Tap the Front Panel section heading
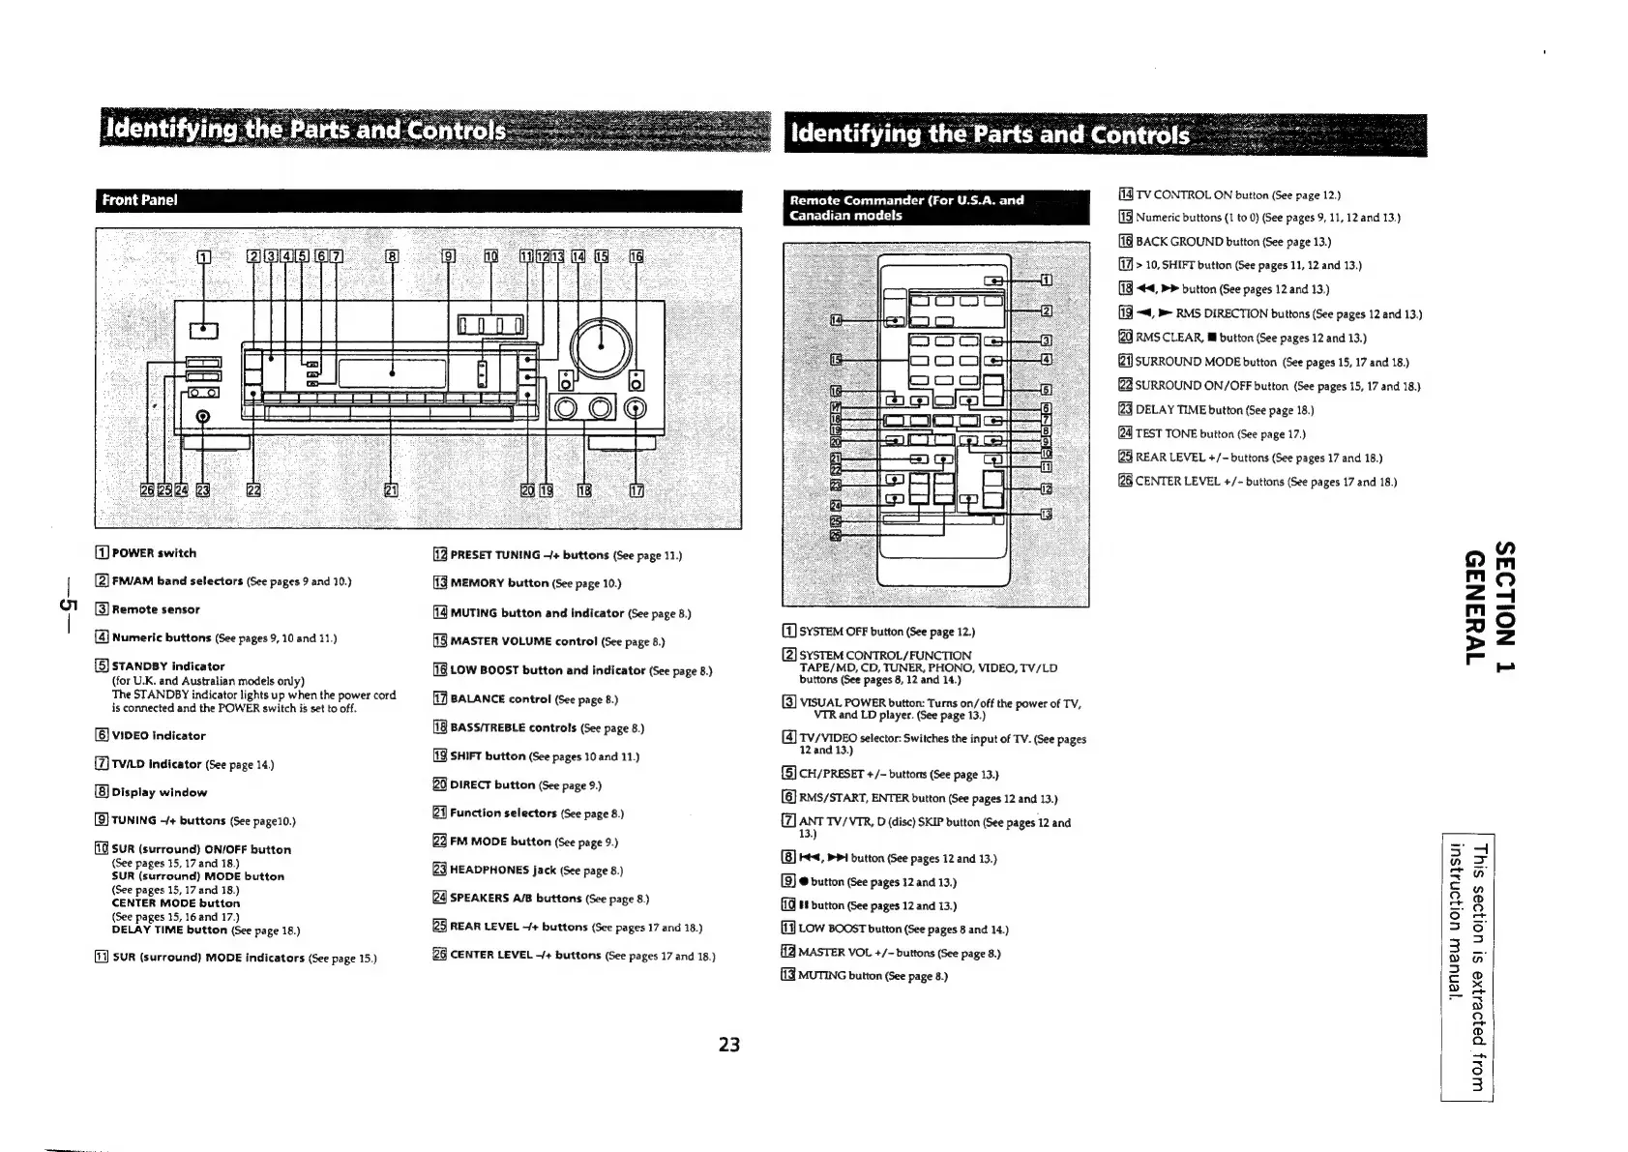point(134,200)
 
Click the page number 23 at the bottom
point(728,1045)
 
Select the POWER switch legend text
point(154,553)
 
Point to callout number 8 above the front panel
point(392,257)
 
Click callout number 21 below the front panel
point(391,489)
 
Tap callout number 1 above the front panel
point(203,257)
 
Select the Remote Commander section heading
point(906,207)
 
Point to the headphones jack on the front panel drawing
point(203,417)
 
